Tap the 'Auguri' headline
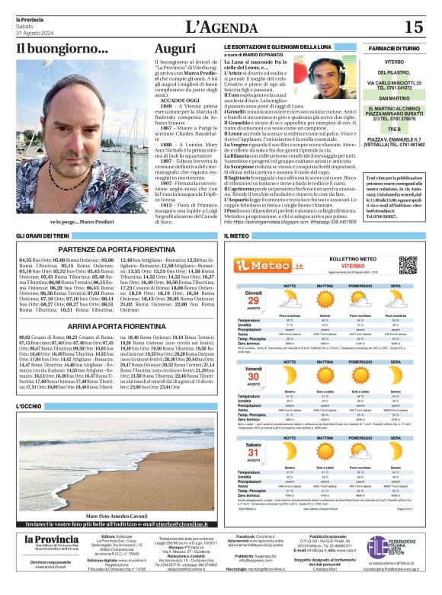175,49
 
